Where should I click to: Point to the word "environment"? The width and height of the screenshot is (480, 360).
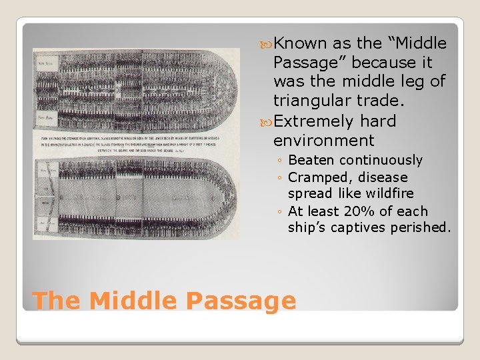coord(323,141)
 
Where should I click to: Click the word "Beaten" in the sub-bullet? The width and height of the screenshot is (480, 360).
coord(311,160)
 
